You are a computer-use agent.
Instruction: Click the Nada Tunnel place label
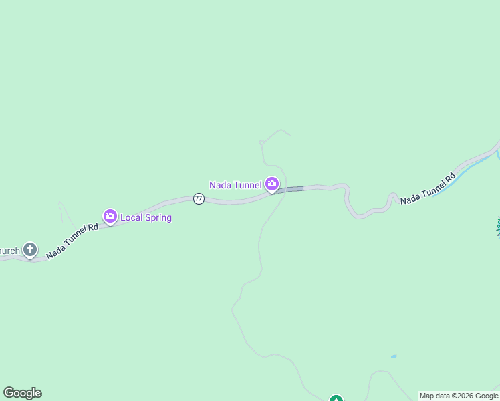point(235,185)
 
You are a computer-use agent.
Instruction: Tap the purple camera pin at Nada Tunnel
point(272,184)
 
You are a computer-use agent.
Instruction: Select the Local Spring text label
point(146,217)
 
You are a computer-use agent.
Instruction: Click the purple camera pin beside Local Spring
point(110,216)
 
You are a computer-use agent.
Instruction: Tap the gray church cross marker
point(29,250)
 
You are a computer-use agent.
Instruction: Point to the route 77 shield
point(199,198)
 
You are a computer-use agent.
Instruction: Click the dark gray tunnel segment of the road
point(289,190)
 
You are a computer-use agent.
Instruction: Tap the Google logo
point(22,393)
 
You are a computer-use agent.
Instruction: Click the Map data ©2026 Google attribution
point(459,396)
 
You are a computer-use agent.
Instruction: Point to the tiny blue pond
point(394,356)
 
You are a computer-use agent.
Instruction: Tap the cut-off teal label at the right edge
point(497,226)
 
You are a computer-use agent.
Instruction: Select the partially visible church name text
point(9,251)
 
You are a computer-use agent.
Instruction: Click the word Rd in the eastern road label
point(450,178)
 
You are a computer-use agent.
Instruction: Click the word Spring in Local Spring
point(158,217)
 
